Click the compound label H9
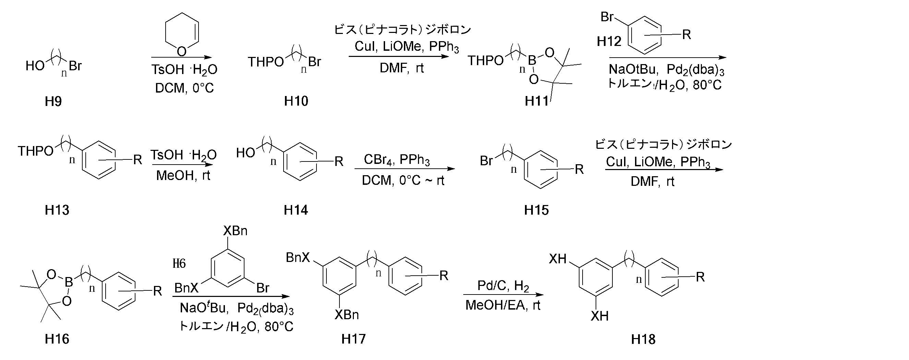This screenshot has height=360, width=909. (x=53, y=101)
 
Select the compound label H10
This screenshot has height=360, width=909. (x=296, y=101)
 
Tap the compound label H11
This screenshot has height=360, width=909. (x=537, y=101)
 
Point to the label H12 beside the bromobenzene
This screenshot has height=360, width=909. (x=609, y=41)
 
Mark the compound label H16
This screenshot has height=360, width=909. (x=57, y=339)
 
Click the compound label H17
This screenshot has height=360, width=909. (x=354, y=339)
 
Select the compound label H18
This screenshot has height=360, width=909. (x=643, y=339)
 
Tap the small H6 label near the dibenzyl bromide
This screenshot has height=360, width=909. (x=179, y=263)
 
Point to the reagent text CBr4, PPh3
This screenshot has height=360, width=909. (x=397, y=160)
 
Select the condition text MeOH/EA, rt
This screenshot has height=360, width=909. (x=503, y=305)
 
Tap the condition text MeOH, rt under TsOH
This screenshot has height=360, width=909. (x=183, y=176)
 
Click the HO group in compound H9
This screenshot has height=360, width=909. (x=35, y=65)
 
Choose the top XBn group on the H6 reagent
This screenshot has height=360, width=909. (x=235, y=231)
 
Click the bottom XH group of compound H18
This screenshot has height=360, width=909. (x=599, y=316)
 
